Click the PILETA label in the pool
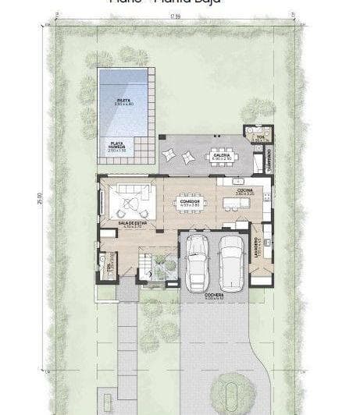123,101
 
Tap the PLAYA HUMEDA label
118,146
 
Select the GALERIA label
222,156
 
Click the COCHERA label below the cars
215,296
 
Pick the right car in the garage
230,261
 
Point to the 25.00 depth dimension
40,199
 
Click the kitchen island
235,204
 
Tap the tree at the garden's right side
257,109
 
